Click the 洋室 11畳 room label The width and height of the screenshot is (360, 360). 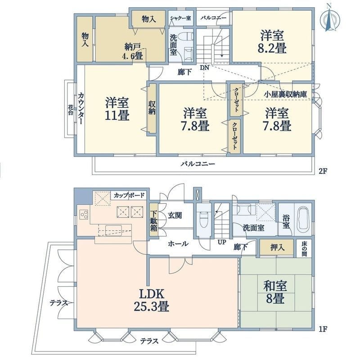[118, 109]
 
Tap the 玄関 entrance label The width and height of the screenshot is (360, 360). [175, 216]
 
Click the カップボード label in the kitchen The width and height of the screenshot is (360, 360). [129, 195]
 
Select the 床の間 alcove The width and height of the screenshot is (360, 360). [304, 248]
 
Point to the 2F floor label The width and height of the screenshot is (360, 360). [322, 171]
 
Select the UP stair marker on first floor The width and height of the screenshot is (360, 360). [221, 242]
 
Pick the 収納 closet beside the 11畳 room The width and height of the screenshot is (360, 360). [152, 108]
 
